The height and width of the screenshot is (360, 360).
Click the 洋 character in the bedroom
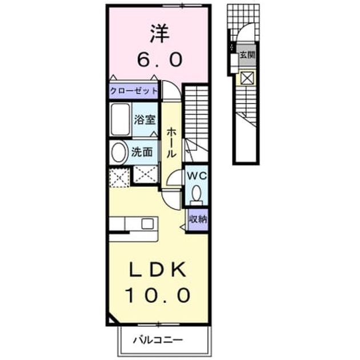pyautogui.click(x=160, y=34)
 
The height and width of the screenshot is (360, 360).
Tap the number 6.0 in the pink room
pyautogui.click(x=160, y=59)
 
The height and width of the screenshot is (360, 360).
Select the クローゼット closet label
pyautogui.click(x=134, y=91)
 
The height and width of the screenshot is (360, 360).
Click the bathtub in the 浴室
pyautogui.click(x=120, y=119)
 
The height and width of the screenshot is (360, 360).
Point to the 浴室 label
pyautogui.click(x=145, y=119)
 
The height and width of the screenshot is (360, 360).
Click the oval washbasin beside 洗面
pyautogui.click(x=119, y=152)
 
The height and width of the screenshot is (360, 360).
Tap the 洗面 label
pyautogui.click(x=142, y=152)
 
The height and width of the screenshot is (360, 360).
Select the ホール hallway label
pyautogui.click(x=171, y=143)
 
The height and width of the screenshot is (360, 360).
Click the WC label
pyautogui.click(x=197, y=177)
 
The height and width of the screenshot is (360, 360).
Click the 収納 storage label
pyautogui.click(x=198, y=219)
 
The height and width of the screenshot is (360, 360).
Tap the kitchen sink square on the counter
pyautogui.click(x=147, y=223)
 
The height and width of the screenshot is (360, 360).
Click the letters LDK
pyautogui.click(x=158, y=270)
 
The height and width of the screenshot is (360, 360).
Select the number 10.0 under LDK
pyautogui.click(x=158, y=295)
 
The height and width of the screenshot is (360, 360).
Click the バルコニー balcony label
pyautogui.click(x=158, y=339)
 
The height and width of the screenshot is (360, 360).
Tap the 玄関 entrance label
pyautogui.click(x=247, y=55)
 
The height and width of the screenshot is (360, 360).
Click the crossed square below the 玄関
pyautogui.click(x=247, y=78)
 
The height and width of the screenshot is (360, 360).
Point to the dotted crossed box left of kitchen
pyautogui.click(x=119, y=177)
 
